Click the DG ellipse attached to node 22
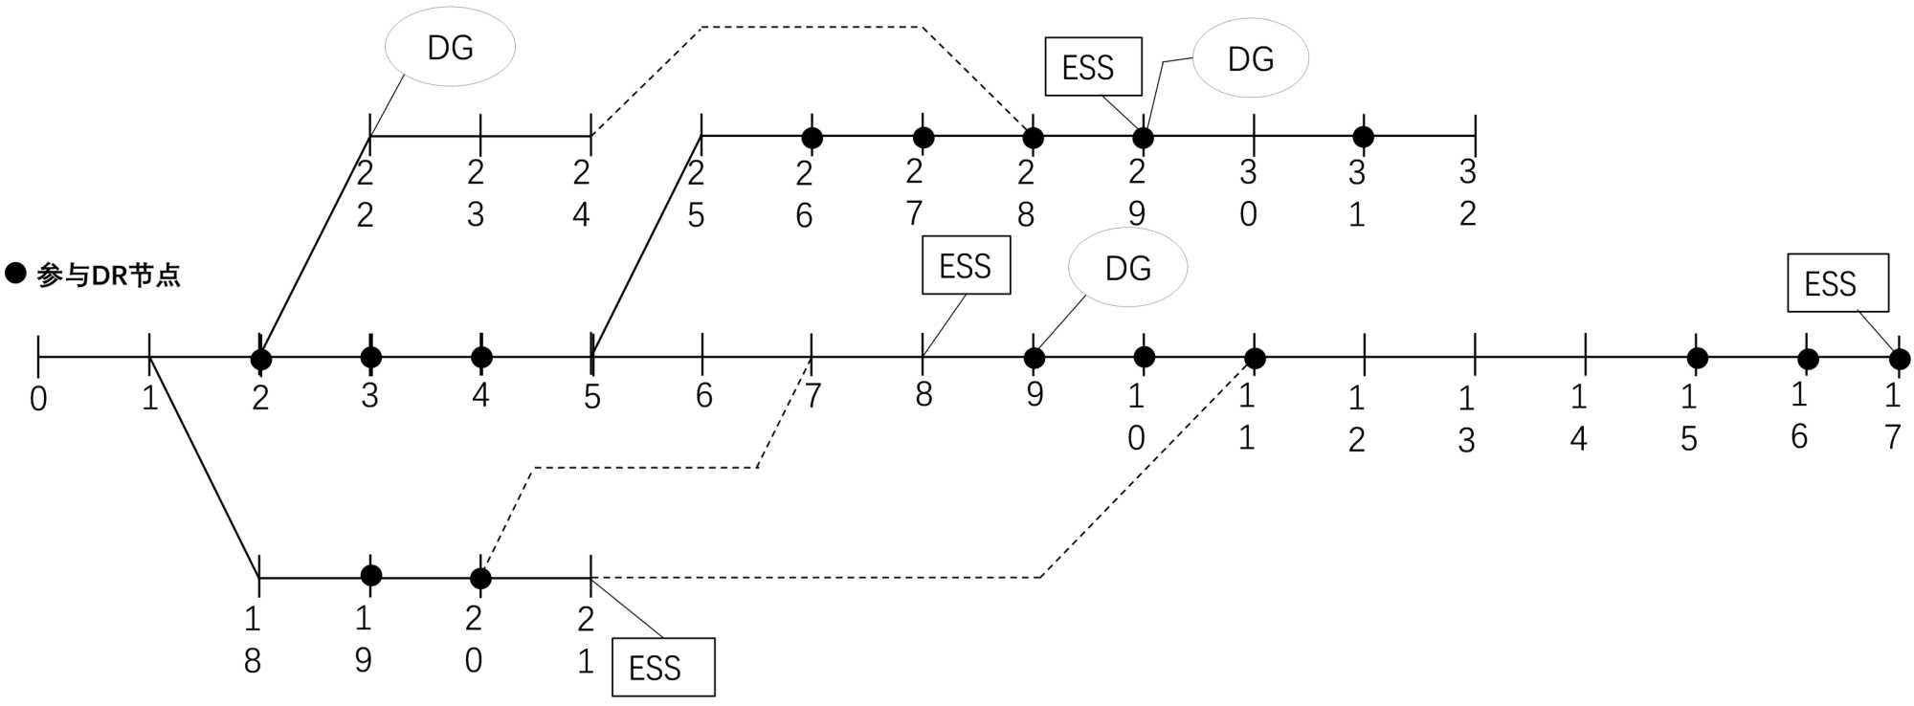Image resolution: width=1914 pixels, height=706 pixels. click(450, 47)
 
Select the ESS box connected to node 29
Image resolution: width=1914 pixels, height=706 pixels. click(1093, 67)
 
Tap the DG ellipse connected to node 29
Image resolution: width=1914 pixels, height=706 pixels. click(1250, 59)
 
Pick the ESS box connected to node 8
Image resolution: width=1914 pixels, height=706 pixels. click(966, 265)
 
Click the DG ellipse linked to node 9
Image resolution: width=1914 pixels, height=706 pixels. click(1127, 268)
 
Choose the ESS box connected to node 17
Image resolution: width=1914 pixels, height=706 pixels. click(1837, 283)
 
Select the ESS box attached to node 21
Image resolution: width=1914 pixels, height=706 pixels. click(663, 667)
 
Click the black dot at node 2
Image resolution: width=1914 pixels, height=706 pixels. click(260, 359)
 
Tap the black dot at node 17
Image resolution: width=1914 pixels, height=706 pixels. click(1900, 359)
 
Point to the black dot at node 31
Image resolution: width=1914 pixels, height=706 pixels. click(1364, 137)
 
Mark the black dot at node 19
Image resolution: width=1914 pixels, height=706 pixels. click(371, 575)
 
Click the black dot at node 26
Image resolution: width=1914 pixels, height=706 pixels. click(812, 138)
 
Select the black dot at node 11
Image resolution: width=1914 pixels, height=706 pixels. click(1255, 359)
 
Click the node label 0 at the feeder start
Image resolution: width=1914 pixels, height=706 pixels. click(38, 398)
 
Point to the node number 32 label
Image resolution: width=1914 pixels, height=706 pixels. click(1468, 192)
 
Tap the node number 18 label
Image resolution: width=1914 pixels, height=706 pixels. click(253, 639)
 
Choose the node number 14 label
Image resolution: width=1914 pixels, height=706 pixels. click(1578, 416)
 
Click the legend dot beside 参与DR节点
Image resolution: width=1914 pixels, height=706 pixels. click(15, 274)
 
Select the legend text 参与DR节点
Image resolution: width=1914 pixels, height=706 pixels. click(108, 276)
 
